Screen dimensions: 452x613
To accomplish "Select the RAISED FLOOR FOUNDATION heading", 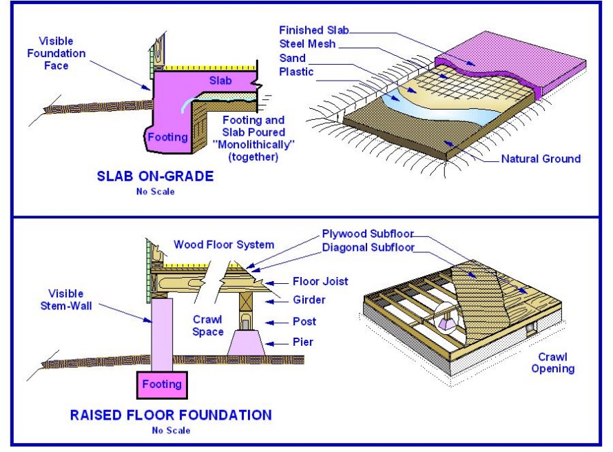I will pos(170,415).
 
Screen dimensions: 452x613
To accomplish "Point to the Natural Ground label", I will pos(540,159).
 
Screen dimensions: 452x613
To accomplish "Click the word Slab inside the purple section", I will pos(222,81).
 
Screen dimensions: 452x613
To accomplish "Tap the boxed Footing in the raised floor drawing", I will pos(160,384).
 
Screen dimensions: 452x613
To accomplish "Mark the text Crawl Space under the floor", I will pos(207,326).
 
